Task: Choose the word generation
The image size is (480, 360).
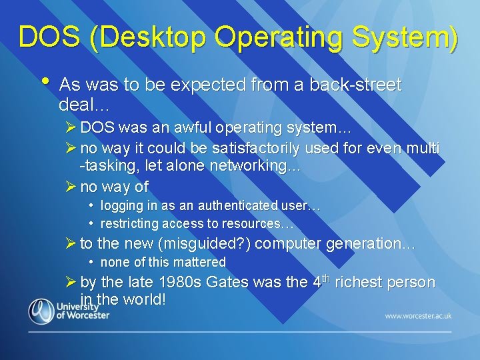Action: point(371,243)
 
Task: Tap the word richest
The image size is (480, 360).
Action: point(361,282)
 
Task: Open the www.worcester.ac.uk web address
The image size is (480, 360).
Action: point(418,315)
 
